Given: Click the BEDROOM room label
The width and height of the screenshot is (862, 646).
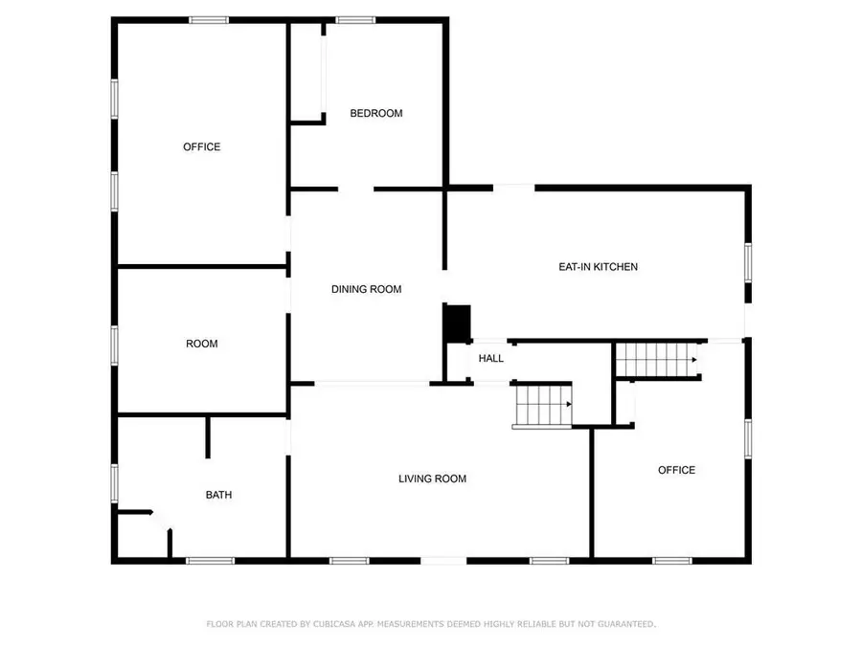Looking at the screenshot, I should (375, 113).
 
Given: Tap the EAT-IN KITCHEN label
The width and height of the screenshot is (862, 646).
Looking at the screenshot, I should (598, 267).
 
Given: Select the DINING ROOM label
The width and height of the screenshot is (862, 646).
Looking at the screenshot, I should (366, 289).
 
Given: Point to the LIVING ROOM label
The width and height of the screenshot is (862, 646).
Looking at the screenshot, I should (432, 479).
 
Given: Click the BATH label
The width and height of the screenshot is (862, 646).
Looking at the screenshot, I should (218, 495).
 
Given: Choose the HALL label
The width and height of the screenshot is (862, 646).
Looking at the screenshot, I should (491, 359).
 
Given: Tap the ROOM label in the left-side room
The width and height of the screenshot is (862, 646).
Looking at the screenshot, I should (201, 344).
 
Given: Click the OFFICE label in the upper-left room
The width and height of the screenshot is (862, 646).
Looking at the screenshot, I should (201, 146).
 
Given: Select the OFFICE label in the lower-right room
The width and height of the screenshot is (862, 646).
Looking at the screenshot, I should (676, 470).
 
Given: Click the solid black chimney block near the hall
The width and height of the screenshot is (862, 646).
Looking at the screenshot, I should (457, 322).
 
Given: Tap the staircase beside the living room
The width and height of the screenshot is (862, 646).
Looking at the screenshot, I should (543, 405).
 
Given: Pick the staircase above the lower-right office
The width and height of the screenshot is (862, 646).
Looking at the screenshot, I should (656, 360).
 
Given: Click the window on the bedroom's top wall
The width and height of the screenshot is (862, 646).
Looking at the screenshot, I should (354, 19).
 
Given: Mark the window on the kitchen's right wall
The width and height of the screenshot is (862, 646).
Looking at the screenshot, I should (748, 261).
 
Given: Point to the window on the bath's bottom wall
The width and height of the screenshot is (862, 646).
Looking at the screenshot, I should (211, 560).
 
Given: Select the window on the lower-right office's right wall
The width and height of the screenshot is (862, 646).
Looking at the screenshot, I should (748, 435).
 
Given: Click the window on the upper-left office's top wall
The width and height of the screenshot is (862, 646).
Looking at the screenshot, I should (208, 19).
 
